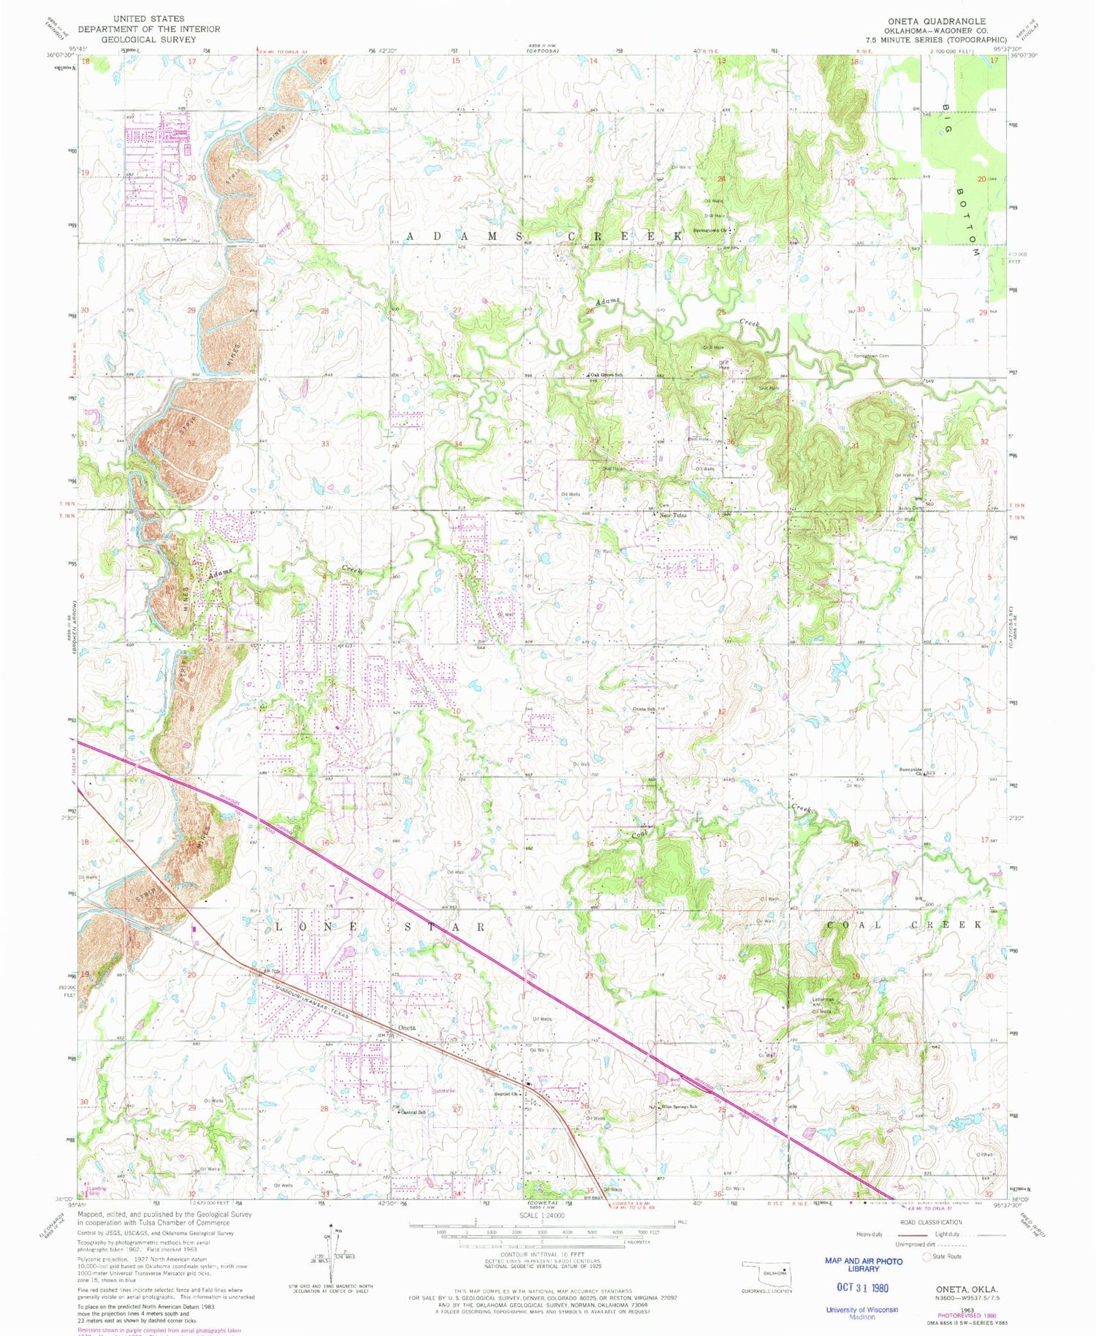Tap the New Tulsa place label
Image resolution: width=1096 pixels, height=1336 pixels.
(673, 515)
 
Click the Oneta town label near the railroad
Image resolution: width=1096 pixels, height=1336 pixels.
(407, 1028)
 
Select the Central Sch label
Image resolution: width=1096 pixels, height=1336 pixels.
(413, 1112)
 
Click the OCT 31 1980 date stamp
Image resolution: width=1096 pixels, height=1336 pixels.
(856, 1288)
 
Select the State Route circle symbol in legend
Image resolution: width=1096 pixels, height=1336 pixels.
(929, 1257)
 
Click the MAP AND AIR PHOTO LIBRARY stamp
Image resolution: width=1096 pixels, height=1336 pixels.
(852, 1265)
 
